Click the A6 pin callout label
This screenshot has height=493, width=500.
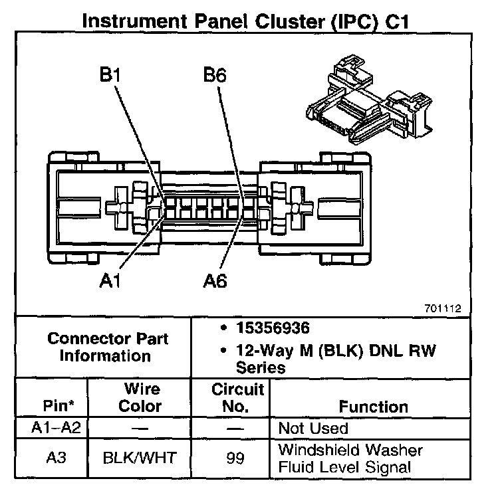tap(214, 282)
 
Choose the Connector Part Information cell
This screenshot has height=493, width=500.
tap(108, 347)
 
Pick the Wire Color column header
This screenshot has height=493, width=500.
tap(140, 397)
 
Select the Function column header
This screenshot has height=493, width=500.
tap(373, 406)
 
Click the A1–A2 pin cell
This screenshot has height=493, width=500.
tap(56, 428)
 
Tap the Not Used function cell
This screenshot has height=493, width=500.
tap(312, 428)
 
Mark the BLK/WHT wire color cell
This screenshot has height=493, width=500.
tap(140, 458)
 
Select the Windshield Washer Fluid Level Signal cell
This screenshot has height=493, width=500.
tap(350, 458)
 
